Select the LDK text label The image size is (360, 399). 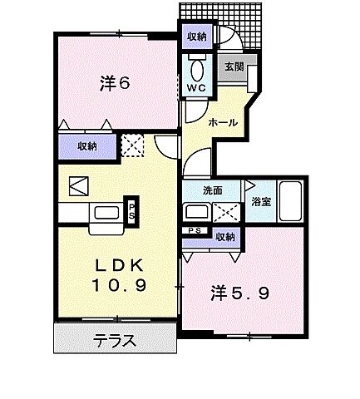click(120, 266)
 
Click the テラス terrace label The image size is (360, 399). click(115, 341)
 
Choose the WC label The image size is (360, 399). click(198, 87)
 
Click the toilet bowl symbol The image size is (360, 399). click(198, 68)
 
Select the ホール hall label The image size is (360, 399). click(223, 122)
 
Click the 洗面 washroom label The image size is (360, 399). click(213, 190)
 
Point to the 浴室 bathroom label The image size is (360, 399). click(260, 200)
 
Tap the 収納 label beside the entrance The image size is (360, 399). click(197, 37)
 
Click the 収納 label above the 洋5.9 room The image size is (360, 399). click(224, 237)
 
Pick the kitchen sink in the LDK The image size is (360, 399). click(107, 212)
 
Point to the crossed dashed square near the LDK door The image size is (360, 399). click(133, 147)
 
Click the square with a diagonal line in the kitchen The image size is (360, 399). click(77, 185)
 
